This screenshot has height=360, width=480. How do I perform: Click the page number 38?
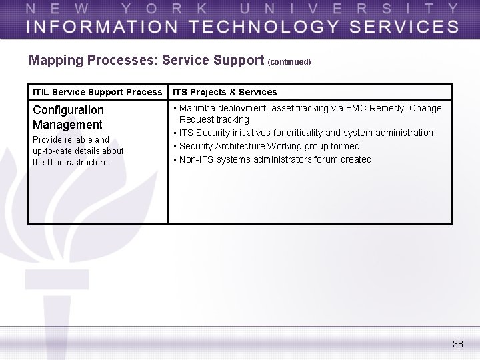coord(457,344)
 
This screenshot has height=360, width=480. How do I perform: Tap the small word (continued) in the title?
coord(289,62)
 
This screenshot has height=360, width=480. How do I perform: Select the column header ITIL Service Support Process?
coord(97,92)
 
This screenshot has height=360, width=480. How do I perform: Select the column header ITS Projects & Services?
coord(225,92)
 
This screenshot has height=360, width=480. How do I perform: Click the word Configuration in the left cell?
coord(68,110)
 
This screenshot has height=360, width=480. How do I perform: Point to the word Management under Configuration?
coord(67,125)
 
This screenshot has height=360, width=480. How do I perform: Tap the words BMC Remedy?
coord(375,108)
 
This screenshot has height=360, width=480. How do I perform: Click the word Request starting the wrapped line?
coord(197,120)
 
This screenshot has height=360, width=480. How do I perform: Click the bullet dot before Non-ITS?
coord(174,159)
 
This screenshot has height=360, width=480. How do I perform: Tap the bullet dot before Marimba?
coord(174,108)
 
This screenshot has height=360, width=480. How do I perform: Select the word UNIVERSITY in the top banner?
coord(349,9)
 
